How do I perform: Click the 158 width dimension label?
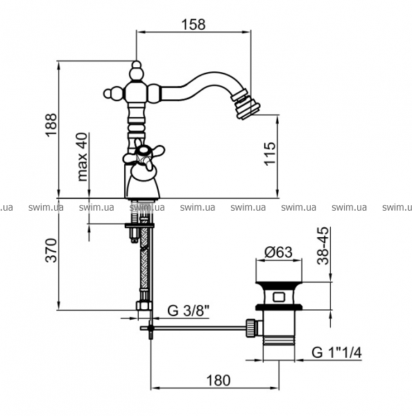(x=194, y=24)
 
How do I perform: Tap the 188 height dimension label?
(x=51, y=125)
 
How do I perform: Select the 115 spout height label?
(x=270, y=154)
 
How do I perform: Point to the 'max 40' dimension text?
(x=83, y=157)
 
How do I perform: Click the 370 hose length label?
(x=51, y=251)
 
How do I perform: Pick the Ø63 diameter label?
(x=278, y=252)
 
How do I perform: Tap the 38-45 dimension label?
(x=323, y=246)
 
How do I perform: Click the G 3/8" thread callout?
(x=188, y=311)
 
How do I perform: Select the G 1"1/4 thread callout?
(x=336, y=353)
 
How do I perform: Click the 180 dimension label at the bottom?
(x=218, y=381)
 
